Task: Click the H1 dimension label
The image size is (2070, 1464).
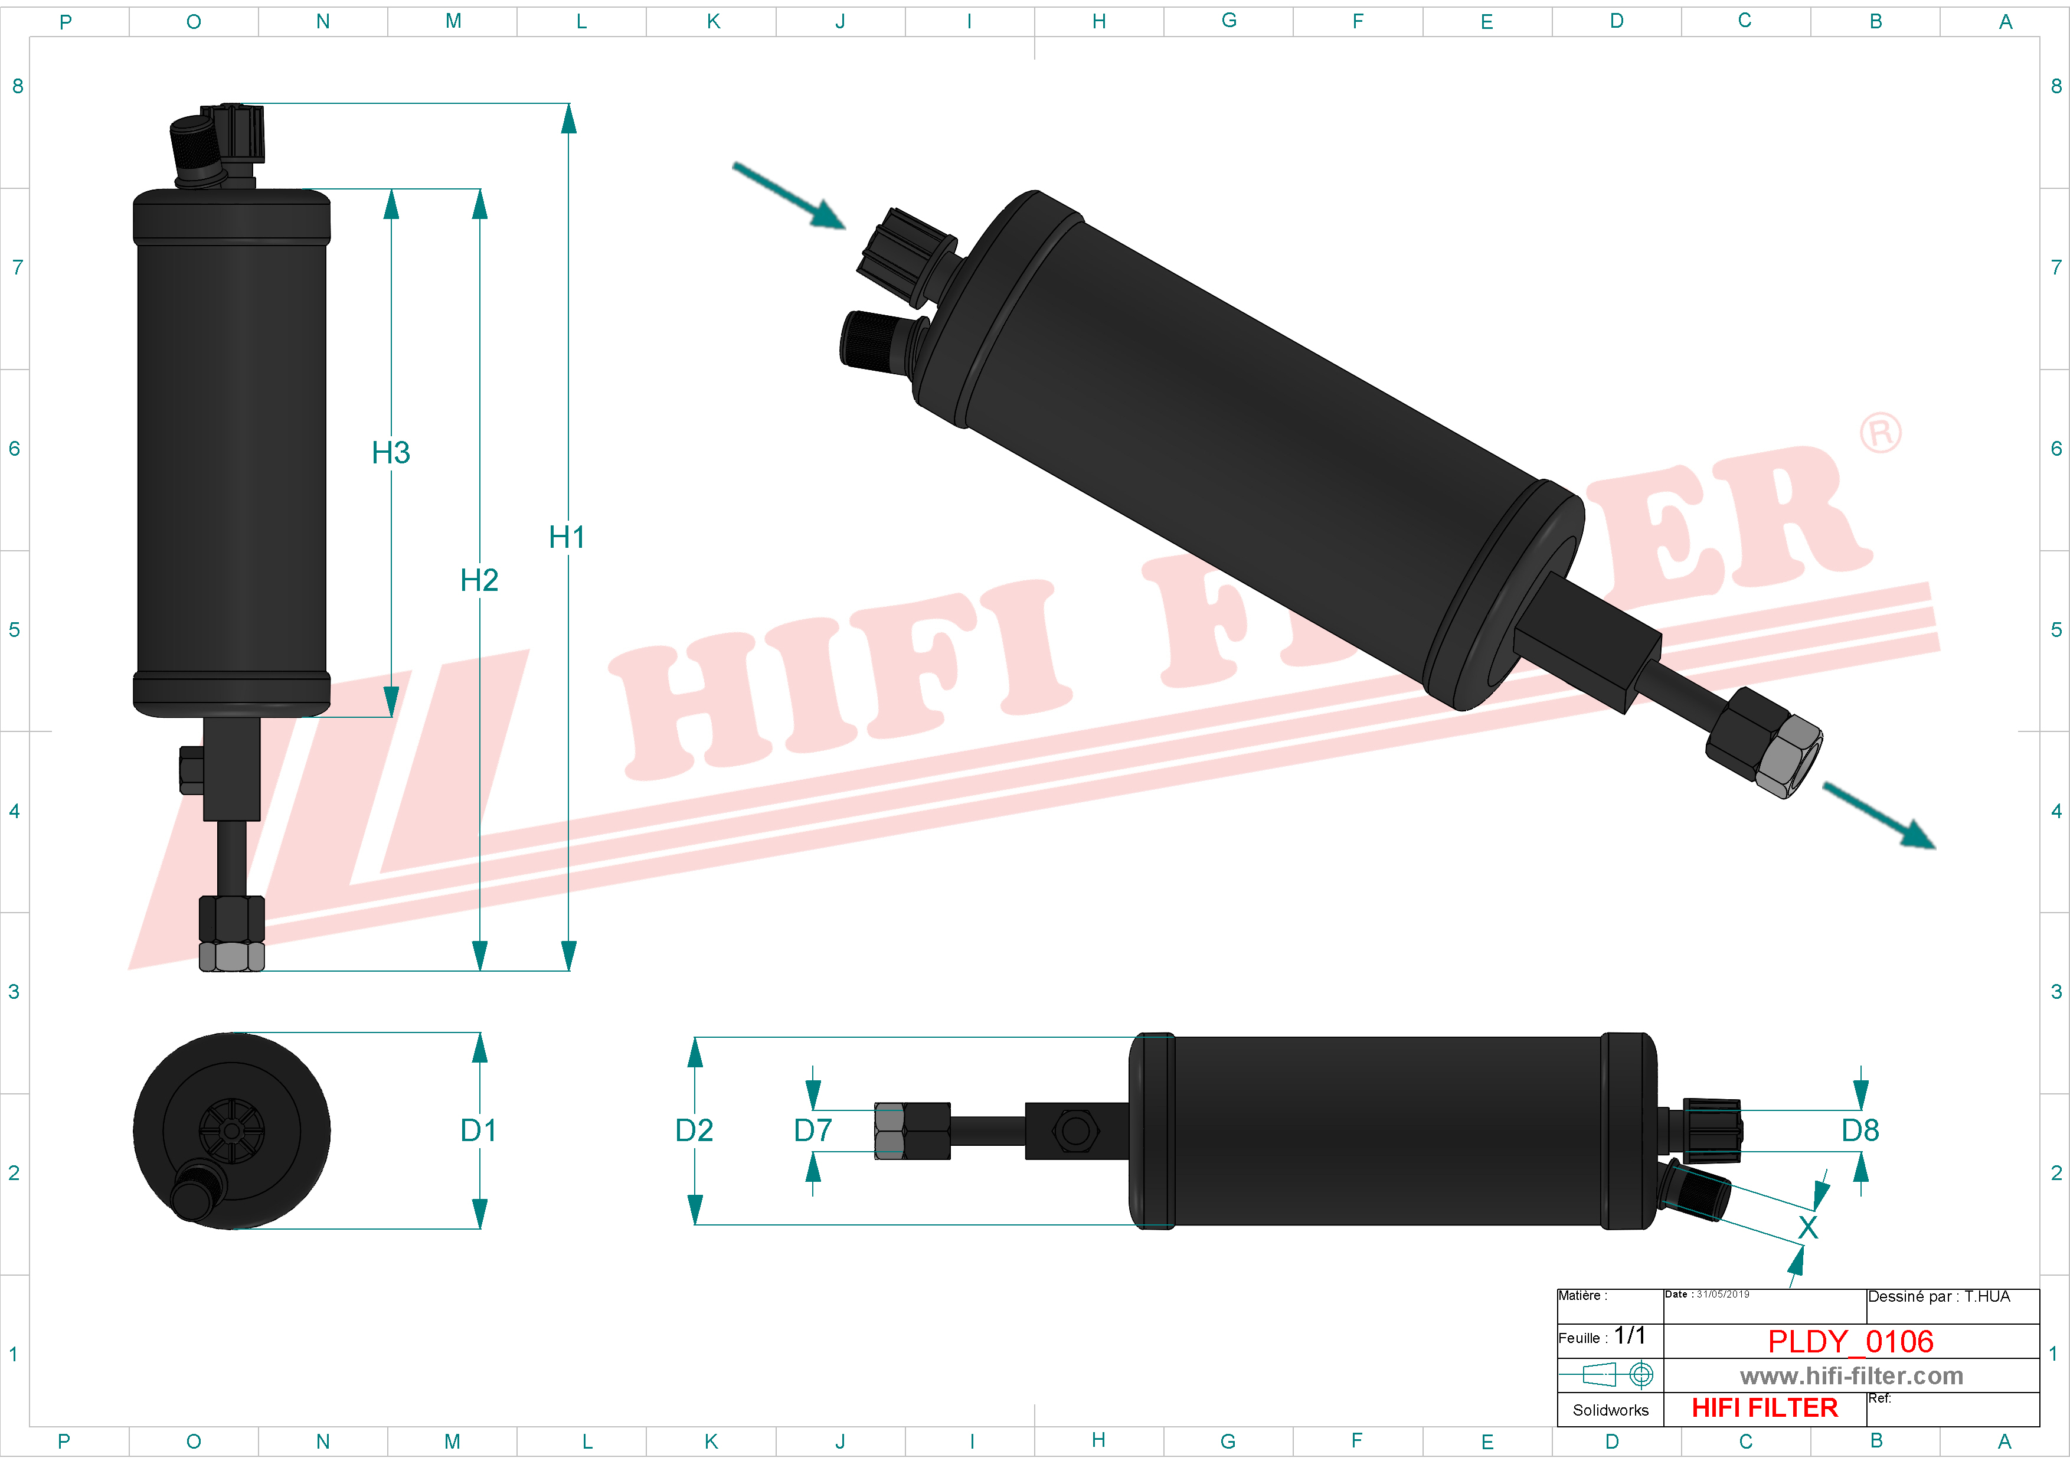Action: coord(567,537)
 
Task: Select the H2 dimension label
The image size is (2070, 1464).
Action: coord(479,580)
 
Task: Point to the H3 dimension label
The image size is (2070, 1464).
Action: coord(390,453)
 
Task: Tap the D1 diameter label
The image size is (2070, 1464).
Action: coord(478,1130)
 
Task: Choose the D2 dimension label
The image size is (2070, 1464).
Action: coord(694,1130)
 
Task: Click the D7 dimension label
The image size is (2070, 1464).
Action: coord(812,1130)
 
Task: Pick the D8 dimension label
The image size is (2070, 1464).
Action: coord(1860,1130)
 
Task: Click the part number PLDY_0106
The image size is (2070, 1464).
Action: coord(1850,1341)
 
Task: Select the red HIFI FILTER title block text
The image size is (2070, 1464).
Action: coord(1764,1408)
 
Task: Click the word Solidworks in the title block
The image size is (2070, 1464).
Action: coord(1610,1410)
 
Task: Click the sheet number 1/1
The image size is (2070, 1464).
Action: coord(1629,1336)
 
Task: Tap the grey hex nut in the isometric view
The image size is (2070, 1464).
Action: coord(1788,756)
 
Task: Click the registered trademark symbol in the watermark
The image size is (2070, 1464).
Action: coord(1880,434)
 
